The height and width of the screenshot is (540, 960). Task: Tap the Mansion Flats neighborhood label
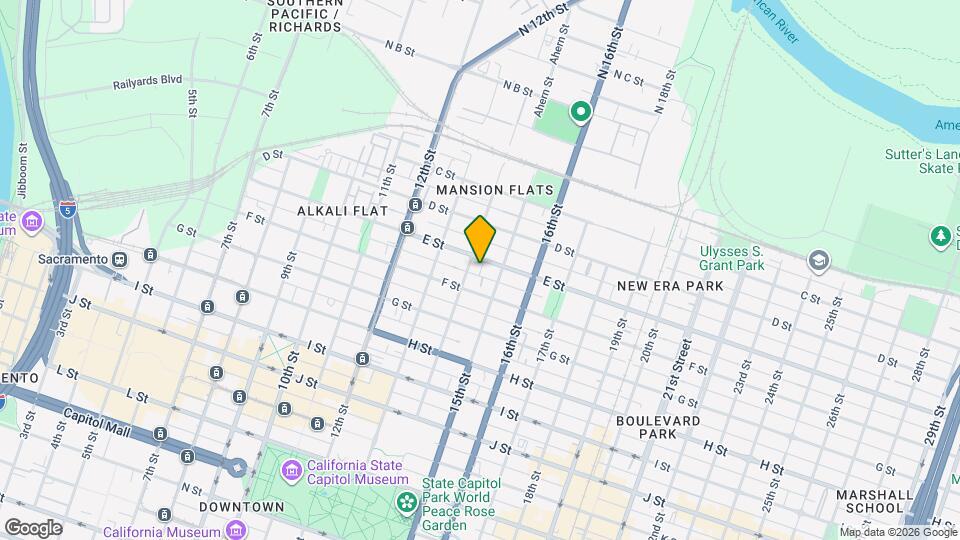(495, 189)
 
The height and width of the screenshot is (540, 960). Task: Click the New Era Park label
(669, 286)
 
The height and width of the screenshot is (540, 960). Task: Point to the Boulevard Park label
(658, 429)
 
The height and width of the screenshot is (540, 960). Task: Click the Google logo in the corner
(33, 527)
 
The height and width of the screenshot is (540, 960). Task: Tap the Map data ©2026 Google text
(897, 532)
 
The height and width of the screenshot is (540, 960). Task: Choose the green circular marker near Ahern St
(580, 111)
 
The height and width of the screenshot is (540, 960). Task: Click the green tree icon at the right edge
(939, 236)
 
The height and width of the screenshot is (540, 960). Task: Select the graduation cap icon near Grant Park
(819, 261)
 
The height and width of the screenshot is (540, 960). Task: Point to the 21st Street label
(684, 366)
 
